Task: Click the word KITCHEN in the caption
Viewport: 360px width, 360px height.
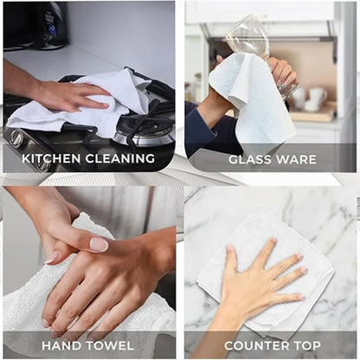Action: tap(55, 159)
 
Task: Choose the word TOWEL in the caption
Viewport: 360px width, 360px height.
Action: tap(109, 345)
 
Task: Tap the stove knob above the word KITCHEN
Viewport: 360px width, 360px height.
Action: tap(17, 138)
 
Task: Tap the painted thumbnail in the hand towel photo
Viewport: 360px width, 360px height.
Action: tap(98, 244)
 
